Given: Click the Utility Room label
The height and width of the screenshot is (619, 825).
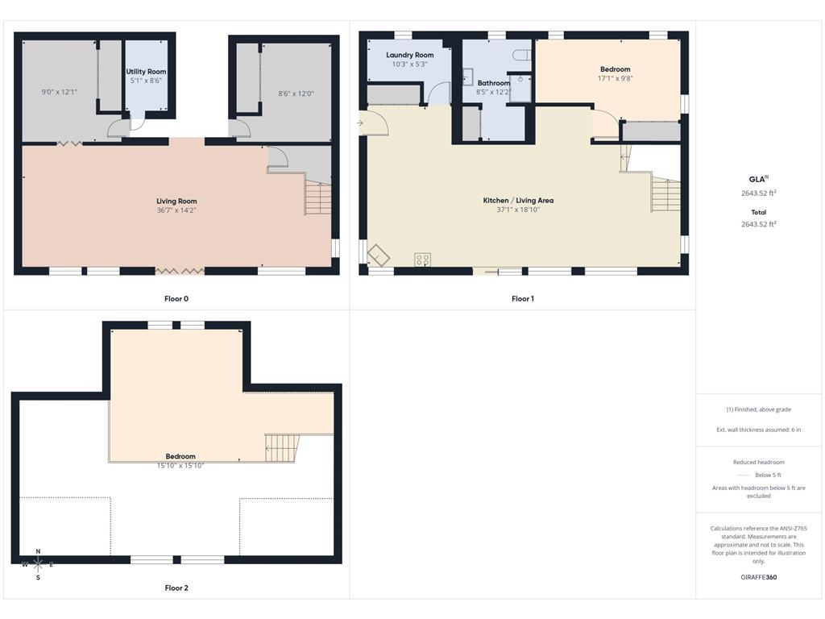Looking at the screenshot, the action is pos(146,72).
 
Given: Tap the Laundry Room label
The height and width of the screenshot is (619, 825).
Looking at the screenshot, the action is pos(410,55).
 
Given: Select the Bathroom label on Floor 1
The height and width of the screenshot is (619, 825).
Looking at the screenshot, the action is pos(494,83).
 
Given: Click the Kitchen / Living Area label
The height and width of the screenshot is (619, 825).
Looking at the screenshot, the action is pos(518,201).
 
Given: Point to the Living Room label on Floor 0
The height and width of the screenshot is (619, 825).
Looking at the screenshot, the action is pos(176,201).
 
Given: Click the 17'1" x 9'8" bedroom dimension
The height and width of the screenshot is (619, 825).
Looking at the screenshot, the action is pos(615,78).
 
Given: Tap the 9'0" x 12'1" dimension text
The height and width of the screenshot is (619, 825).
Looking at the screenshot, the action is pos(60,92).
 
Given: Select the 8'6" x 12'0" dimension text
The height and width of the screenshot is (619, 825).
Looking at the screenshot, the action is pos(296,93).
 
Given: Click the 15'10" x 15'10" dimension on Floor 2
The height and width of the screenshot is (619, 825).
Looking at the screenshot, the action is pos(180,466).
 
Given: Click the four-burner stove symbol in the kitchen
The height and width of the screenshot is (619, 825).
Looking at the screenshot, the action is pos(422,260).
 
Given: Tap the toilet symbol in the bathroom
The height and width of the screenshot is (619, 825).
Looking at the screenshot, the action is pos(522,55).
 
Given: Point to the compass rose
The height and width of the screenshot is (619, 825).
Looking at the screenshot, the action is pos(38,565).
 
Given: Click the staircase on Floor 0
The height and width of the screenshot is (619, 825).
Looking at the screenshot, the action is pos(317,198).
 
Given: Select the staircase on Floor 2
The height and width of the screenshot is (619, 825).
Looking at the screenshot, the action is pos(282,448).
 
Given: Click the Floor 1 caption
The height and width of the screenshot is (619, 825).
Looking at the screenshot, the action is pos(522,299).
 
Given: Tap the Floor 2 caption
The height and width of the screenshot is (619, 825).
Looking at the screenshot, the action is pos(176,588).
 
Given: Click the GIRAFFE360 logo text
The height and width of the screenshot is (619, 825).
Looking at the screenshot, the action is pos(759,577).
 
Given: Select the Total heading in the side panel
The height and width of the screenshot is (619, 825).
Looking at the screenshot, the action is pos(759,213).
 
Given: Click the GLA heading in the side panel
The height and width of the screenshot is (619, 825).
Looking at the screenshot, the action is pos(758,179).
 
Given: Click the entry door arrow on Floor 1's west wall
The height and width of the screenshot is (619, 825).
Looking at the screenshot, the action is pos(360,123).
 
